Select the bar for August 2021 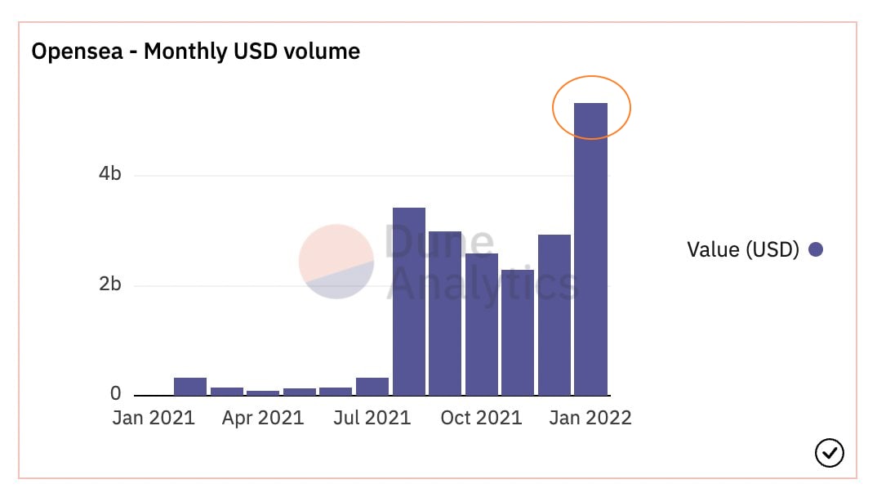point(408,302)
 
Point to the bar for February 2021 point(190,387)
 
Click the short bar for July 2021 point(372,387)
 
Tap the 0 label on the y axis point(116,394)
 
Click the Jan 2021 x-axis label point(154,418)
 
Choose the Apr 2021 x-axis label point(263,418)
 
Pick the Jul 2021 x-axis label point(372,418)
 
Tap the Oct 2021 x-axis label point(481,418)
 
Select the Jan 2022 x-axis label point(590,418)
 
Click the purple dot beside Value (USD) point(815,249)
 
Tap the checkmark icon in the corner point(830,452)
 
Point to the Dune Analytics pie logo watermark point(336,262)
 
